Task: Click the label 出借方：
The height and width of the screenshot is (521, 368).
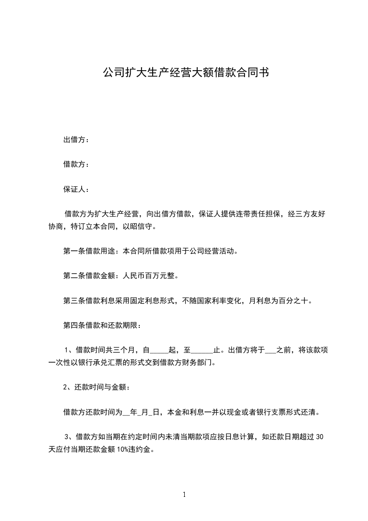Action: pos(76,140)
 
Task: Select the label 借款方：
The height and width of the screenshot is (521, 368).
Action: pos(76,164)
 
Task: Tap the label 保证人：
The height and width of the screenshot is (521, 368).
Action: pos(76,189)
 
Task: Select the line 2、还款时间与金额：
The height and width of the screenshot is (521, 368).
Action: pos(97,387)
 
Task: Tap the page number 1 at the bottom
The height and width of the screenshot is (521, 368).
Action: pos(184,495)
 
